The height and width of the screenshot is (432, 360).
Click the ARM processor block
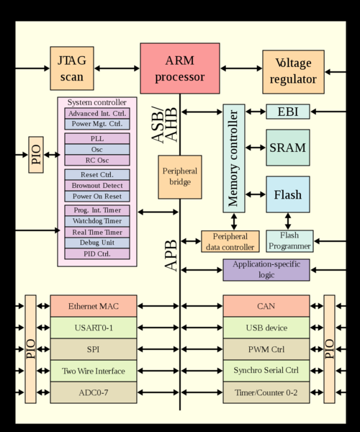179,68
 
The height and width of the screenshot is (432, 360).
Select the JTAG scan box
71,68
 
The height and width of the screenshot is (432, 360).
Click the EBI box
288,112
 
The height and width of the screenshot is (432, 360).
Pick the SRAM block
288,148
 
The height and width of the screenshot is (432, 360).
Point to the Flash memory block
288,194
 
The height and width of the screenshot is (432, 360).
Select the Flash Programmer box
289,240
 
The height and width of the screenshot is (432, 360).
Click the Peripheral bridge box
180,176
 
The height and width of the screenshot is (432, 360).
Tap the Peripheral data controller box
230,241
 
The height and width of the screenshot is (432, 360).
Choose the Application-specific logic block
266,270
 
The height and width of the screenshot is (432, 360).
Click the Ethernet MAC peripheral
93,306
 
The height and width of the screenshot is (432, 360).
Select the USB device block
266,328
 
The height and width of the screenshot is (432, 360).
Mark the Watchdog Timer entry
97,221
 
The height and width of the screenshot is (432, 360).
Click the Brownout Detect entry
97,185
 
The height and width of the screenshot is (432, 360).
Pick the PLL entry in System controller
97,138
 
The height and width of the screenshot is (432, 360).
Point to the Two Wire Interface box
93,371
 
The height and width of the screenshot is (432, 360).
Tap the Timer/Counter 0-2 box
266,392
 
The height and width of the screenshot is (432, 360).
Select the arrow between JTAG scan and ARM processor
117,68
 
